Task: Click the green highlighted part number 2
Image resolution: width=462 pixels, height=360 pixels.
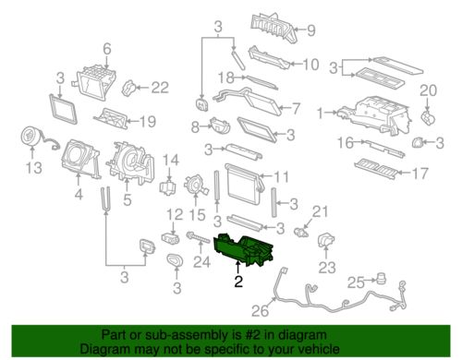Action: click(243, 250)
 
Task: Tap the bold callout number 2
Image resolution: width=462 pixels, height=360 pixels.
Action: click(238, 282)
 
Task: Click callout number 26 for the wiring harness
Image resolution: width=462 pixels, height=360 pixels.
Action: click(260, 310)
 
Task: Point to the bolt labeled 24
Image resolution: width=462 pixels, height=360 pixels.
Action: click(198, 238)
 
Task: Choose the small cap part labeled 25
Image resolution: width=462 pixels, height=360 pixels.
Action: click(382, 278)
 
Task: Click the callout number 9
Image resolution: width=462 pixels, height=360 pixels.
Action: click(311, 30)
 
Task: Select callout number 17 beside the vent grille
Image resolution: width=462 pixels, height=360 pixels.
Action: click(419, 174)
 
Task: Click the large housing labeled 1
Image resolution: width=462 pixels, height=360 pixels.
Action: click(374, 115)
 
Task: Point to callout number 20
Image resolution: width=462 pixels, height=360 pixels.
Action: click(429, 90)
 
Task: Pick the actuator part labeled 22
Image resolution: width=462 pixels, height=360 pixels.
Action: click(129, 88)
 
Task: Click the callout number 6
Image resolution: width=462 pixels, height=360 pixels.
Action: click(107, 49)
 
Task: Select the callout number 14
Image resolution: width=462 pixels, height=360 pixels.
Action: click(171, 161)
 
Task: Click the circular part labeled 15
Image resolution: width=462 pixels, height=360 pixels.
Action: click(195, 186)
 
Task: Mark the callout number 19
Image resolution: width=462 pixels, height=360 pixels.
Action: click(148, 122)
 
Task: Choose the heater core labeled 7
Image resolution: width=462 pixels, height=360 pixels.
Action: click(247, 101)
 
